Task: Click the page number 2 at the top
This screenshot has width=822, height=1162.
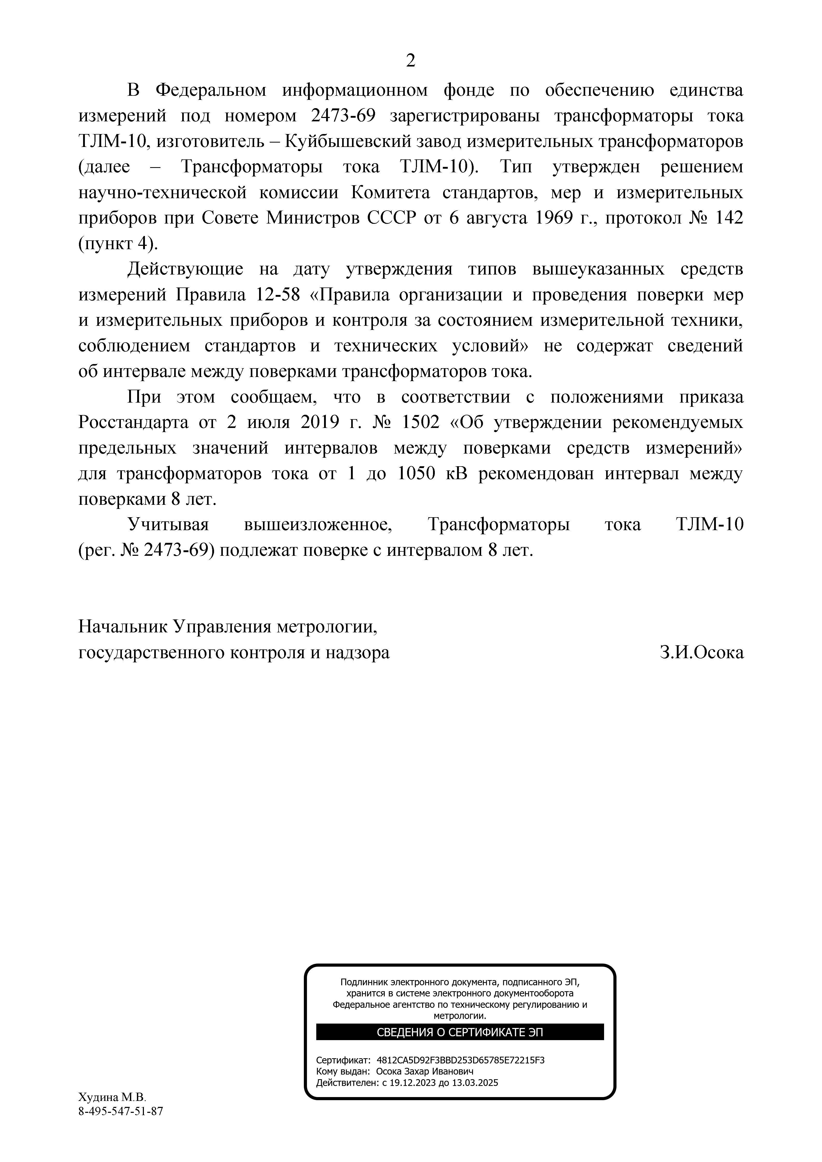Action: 410,61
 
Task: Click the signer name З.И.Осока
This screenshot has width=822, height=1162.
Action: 702,653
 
